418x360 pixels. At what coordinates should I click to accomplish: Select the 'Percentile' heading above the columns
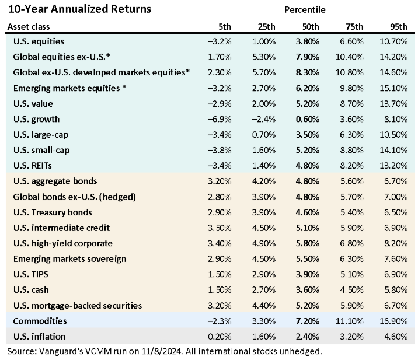305,10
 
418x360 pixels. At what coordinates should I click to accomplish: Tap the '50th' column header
311,27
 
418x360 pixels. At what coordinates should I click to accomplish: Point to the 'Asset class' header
29,27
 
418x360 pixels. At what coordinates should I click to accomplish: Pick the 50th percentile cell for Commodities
308,321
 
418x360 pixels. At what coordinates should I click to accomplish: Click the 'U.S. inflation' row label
39,337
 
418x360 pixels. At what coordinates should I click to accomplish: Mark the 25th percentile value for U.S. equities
264,41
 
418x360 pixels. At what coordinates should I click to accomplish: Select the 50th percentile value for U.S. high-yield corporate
308,243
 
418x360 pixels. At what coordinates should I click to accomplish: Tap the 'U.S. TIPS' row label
32,274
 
